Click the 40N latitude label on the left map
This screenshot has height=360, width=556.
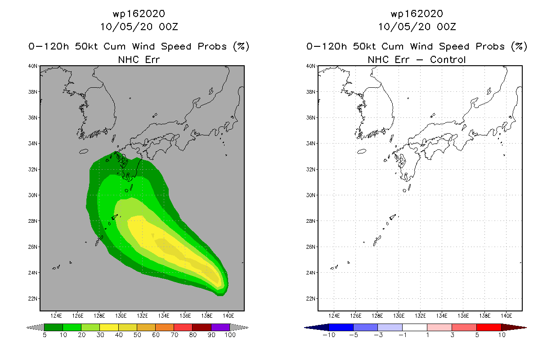[32, 66]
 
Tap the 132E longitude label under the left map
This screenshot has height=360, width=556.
[142, 316]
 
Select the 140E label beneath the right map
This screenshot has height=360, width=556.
[507, 316]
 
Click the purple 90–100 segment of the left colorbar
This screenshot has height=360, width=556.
[220, 327]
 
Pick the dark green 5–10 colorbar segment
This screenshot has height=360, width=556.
[54, 327]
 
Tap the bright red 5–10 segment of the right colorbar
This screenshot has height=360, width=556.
[489, 327]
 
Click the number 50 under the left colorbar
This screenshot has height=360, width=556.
[137, 335]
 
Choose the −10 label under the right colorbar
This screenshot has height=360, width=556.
[329, 335]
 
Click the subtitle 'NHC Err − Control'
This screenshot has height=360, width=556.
[417, 59]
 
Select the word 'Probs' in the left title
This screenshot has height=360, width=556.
[212, 46]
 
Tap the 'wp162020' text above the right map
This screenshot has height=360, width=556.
[417, 13]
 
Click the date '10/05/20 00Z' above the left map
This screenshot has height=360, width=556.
[139, 27]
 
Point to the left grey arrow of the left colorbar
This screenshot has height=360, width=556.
[35, 327]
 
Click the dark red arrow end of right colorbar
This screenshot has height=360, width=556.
[514, 327]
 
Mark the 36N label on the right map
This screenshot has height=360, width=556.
[310, 117]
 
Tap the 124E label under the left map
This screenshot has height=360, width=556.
[56, 316]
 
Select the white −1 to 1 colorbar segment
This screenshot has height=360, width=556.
[414, 327]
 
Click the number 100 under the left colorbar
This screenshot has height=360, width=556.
[230, 335]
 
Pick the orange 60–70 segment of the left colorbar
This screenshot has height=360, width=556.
[165, 327]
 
